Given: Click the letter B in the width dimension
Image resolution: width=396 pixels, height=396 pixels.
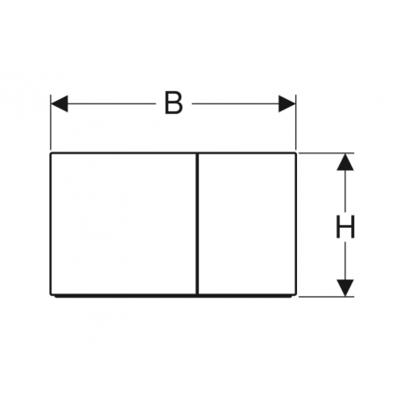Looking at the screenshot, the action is click(173, 103).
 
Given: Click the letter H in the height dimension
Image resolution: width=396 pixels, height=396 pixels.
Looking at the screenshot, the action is click(345, 227).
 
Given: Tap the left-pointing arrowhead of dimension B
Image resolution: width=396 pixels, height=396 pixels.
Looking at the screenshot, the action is click(60, 103).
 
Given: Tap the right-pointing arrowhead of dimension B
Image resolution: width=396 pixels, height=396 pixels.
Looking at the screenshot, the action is click(287, 103).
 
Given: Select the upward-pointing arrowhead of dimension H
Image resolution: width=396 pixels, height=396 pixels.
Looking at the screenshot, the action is click(345, 162).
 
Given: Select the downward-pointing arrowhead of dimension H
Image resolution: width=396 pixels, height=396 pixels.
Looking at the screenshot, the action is click(345, 288).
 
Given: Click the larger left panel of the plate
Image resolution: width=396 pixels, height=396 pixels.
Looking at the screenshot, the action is click(124, 223).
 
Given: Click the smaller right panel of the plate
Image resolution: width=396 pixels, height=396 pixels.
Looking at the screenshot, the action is click(248, 223).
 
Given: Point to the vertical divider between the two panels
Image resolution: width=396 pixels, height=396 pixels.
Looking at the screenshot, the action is click(198, 223).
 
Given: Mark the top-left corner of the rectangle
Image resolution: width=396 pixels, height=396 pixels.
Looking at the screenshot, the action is click(51, 152).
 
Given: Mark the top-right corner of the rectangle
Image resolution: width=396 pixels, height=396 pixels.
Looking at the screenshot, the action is click(296, 152).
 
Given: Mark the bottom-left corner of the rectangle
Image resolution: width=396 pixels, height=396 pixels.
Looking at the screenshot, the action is click(51, 295).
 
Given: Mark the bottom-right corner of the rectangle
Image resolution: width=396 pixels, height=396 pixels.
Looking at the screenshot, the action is click(296, 295).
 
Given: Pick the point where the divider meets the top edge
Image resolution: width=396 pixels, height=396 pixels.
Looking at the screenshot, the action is click(198, 153).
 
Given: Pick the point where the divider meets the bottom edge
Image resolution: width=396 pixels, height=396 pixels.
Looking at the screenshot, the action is click(198, 294).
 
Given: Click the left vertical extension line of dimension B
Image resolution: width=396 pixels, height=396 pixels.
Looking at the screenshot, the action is click(51, 122).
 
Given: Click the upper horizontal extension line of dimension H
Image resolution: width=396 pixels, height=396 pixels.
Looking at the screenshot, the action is click(327, 153).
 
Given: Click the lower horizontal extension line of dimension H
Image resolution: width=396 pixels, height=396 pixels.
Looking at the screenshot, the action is click(327, 297).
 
